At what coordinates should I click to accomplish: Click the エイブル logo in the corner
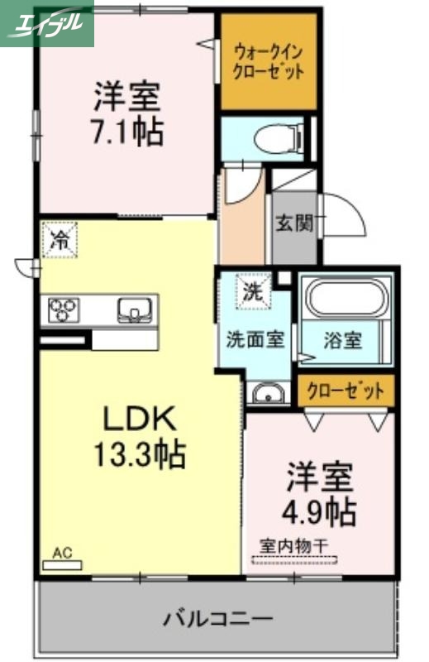(46, 22)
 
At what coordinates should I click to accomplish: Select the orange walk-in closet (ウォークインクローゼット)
(269, 62)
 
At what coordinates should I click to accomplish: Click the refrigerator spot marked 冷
(60, 241)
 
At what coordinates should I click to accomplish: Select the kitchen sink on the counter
(132, 310)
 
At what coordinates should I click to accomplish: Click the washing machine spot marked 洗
(252, 290)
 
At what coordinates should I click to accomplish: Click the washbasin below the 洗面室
(266, 392)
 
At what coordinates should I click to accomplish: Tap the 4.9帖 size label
(321, 511)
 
